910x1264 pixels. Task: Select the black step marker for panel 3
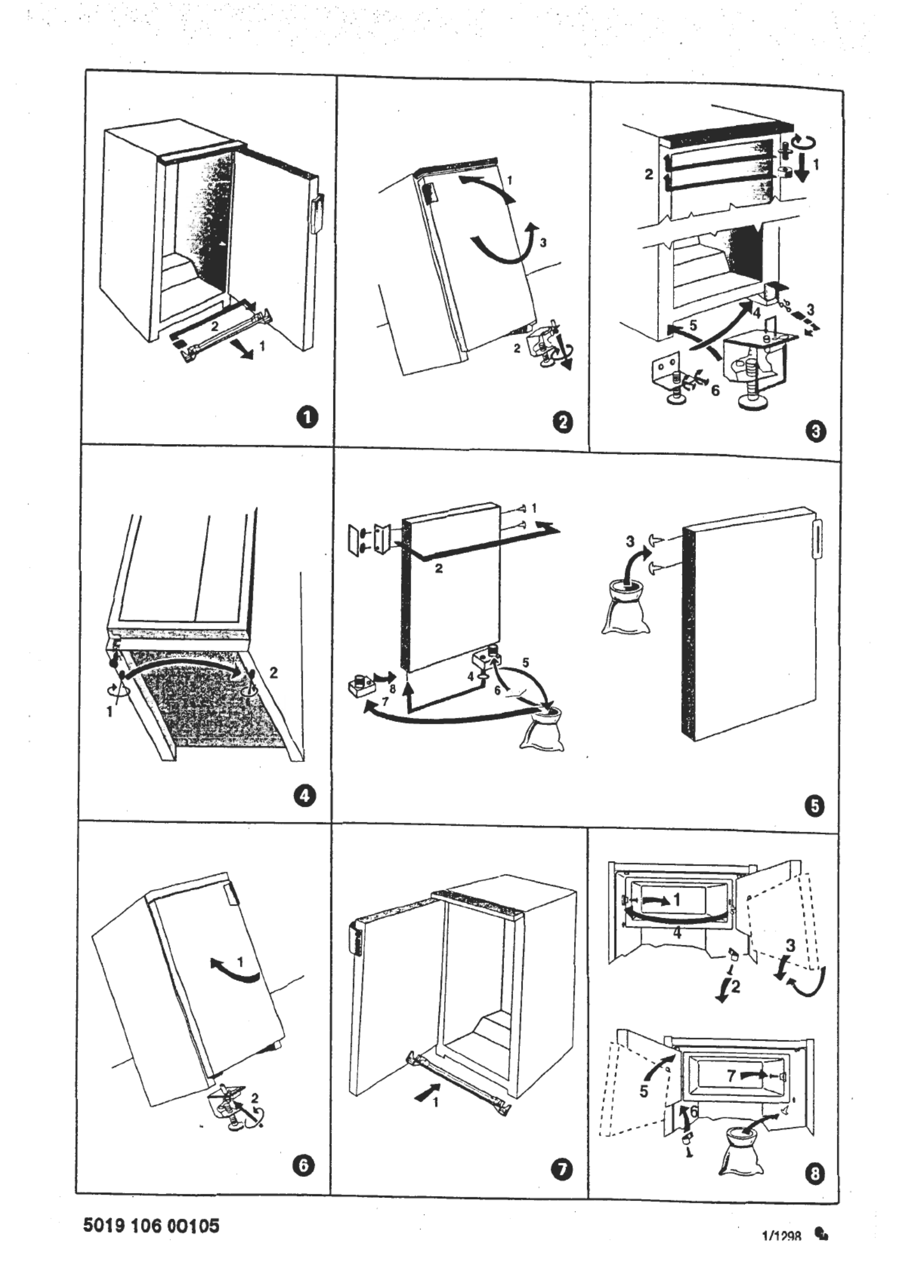click(x=816, y=431)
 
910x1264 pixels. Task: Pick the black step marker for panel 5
click(x=815, y=806)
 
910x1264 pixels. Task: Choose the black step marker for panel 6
click(x=303, y=1165)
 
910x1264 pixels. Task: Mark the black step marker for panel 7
click(x=561, y=1169)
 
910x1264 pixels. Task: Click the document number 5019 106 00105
click(x=151, y=1225)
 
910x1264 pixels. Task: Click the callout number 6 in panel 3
click(x=715, y=390)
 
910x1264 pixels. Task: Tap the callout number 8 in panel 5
click(x=393, y=674)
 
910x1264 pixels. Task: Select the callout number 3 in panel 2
click(x=543, y=243)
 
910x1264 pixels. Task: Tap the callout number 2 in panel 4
click(x=273, y=672)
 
